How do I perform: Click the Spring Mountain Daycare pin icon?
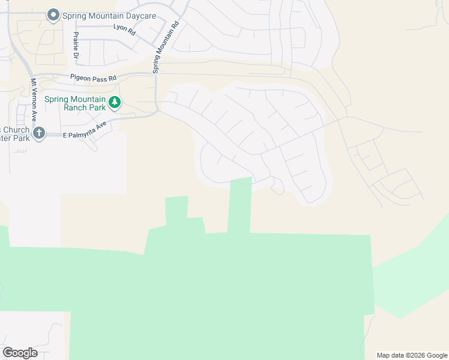(53, 15)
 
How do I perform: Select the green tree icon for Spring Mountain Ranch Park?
(114, 103)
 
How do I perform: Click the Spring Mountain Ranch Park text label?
(75, 103)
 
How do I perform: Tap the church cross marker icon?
(39, 133)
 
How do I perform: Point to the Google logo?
(20, 353)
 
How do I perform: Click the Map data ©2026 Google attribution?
(412, 355)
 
